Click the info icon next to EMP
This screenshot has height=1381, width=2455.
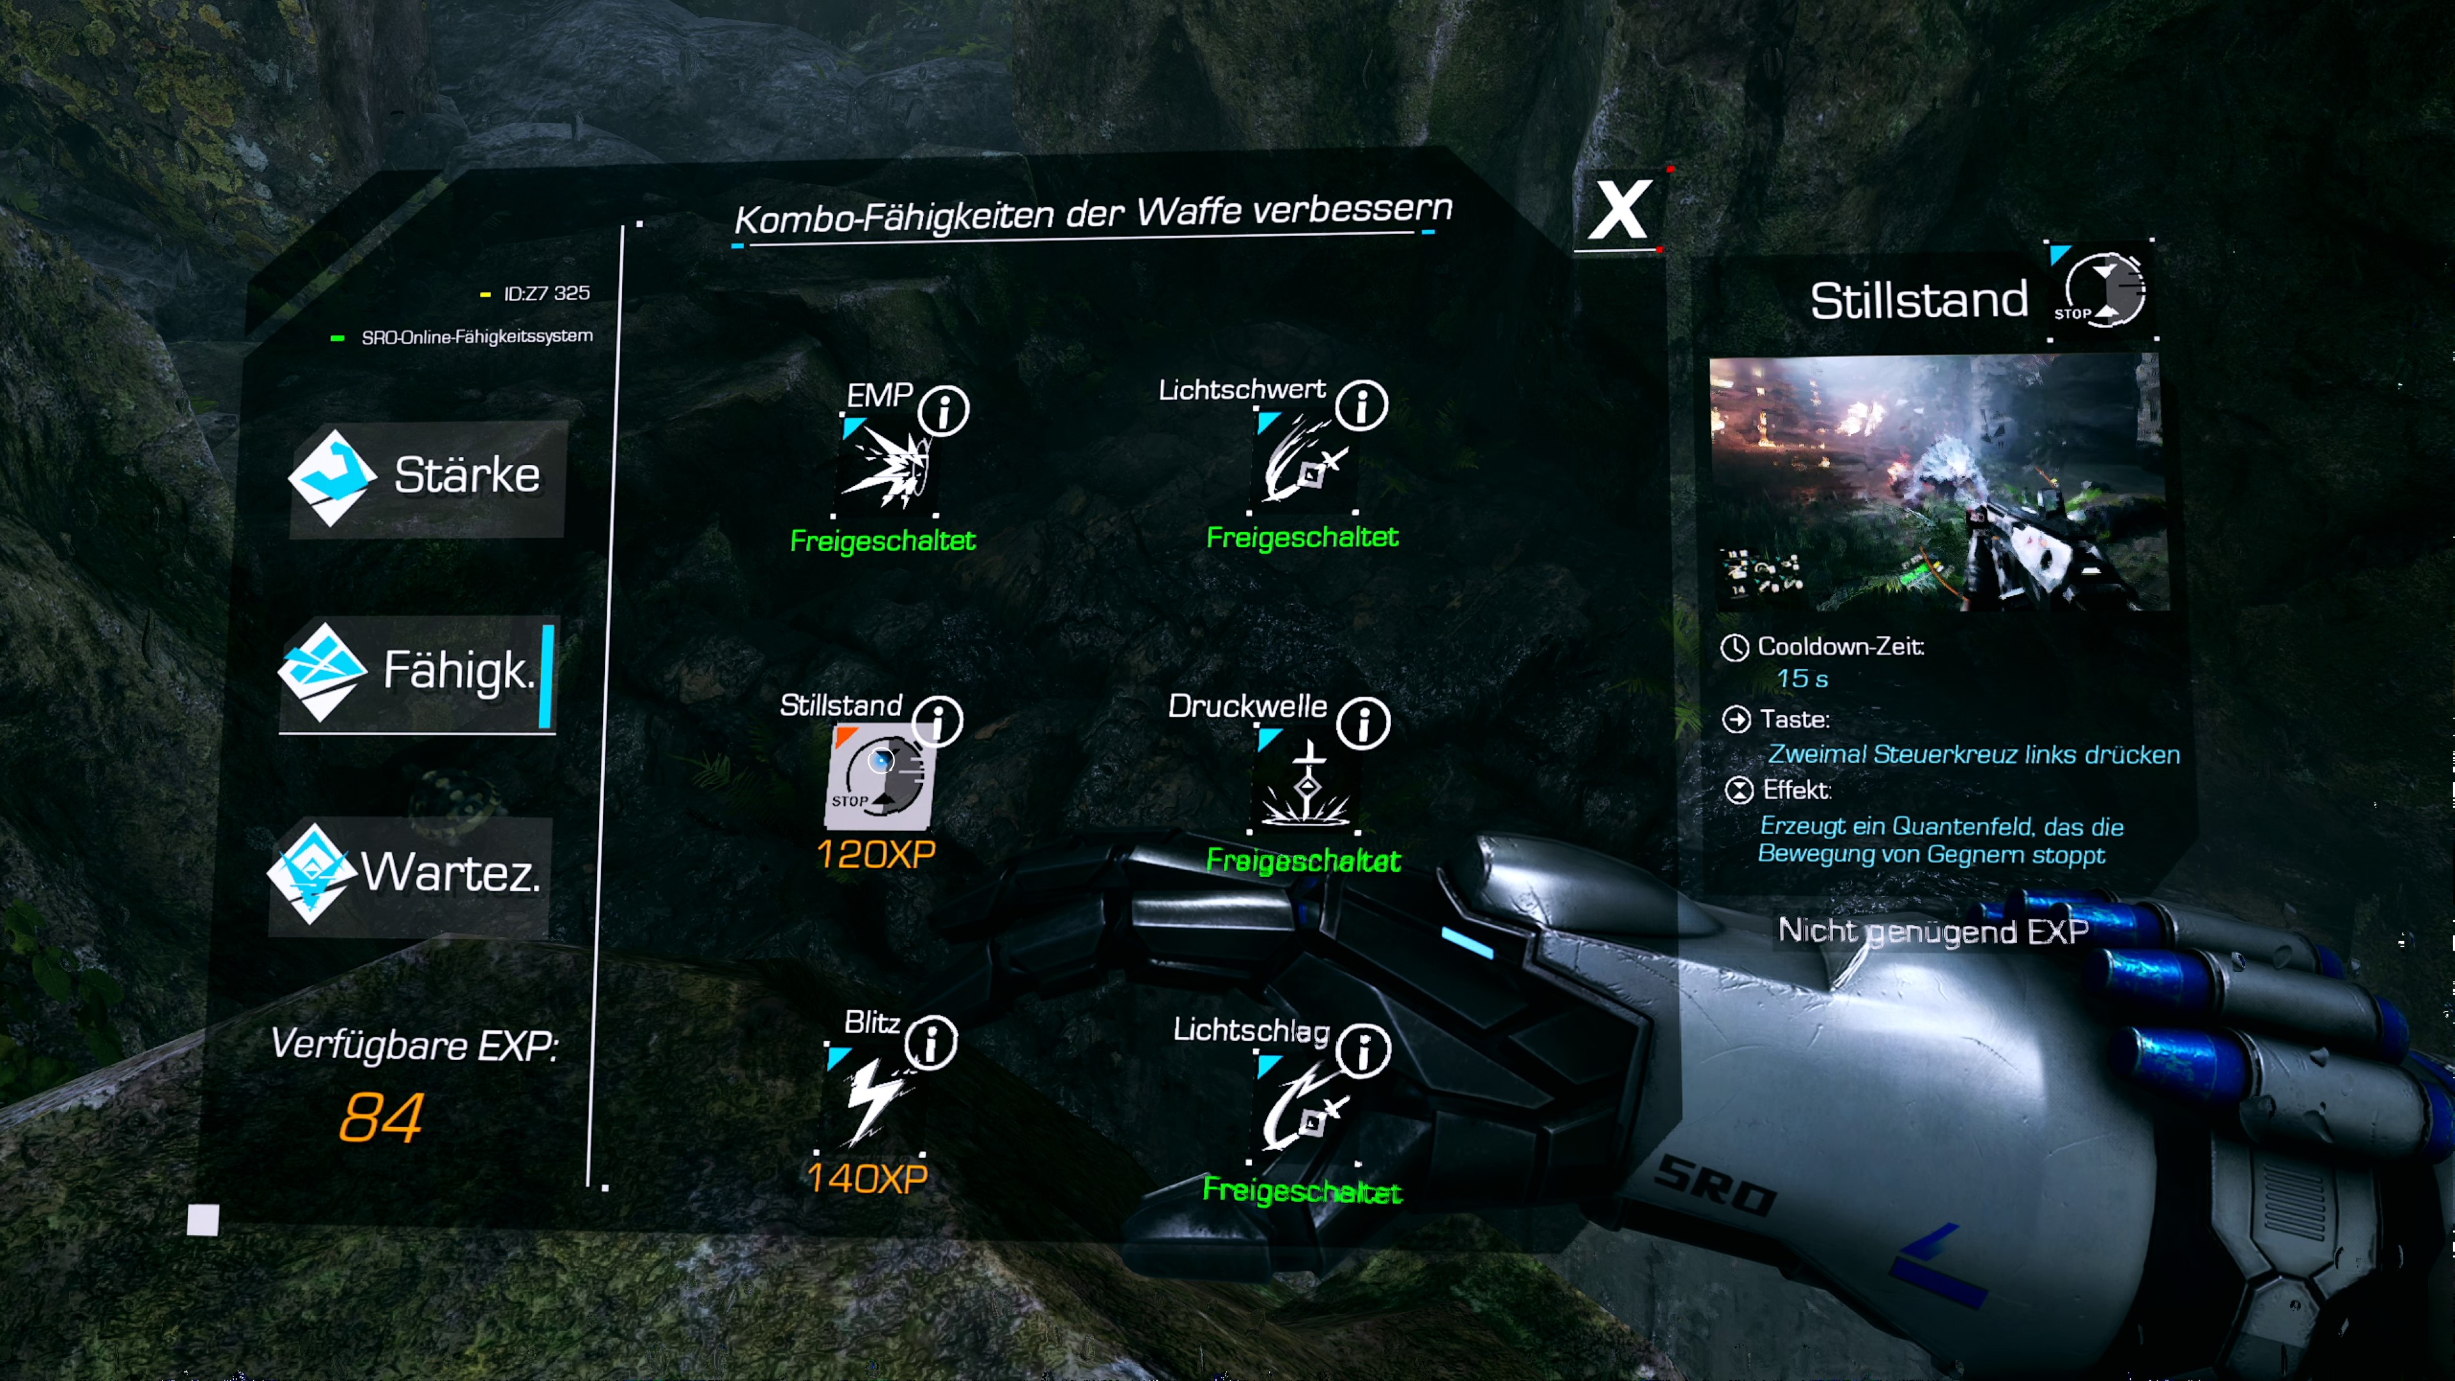pyautogui.click(x=944, y=410)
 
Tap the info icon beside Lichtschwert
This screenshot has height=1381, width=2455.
pyautogui.click(x=1361, y=405)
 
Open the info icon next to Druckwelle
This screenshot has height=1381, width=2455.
pyautogui.click(x=1363, y=723)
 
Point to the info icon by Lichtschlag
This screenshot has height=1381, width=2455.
pyautogui.click(x=1364, y=1051)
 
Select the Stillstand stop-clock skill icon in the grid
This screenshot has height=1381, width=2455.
pyautogui.click(x=878, y=777)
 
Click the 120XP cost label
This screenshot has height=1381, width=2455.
pyautogui.click(x=877, y=855)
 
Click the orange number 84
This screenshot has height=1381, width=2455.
pyautogui.click(x=381, y=1118)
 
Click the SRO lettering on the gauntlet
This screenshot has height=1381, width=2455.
pyautogui.click(x=1715, y=1187)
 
